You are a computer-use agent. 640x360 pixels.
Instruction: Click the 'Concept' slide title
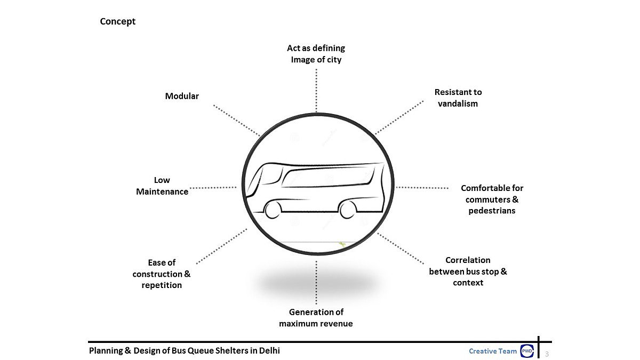pos(118,21)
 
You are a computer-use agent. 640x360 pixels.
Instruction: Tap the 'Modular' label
pos(182,96)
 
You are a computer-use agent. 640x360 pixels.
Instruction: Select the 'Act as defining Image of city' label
pos(316,54)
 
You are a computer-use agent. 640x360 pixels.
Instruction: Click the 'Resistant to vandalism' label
pos(458,98)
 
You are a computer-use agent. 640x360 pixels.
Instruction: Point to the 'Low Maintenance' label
pos(162,186)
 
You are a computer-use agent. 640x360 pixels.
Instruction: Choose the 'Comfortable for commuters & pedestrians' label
pos(492,199)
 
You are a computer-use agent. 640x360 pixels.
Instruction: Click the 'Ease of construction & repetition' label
pos(162,274)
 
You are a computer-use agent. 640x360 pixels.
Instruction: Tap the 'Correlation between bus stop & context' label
pos(468,271)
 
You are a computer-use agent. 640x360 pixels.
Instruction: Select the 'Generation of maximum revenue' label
pos(316,317)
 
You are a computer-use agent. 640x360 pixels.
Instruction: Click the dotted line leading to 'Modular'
pos(236,120)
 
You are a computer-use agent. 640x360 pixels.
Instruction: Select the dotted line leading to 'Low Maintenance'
pos(213,187)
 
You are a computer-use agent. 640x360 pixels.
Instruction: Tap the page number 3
pos(547,353)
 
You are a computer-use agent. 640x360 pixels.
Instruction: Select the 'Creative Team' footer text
pos(492,351)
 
